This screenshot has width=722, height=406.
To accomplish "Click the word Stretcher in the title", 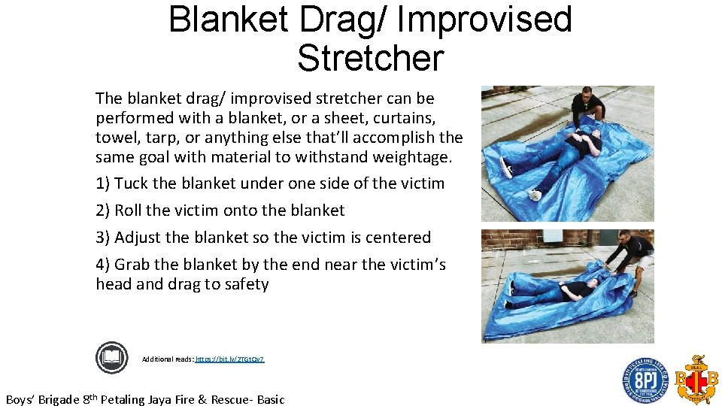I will point(370,57).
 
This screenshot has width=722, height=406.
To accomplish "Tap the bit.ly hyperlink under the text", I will point(229,359).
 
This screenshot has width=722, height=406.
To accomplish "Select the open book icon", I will point(112,357).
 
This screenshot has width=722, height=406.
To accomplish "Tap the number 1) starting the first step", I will point(103,183).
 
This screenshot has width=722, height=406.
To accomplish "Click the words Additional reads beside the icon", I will point(167,359).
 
